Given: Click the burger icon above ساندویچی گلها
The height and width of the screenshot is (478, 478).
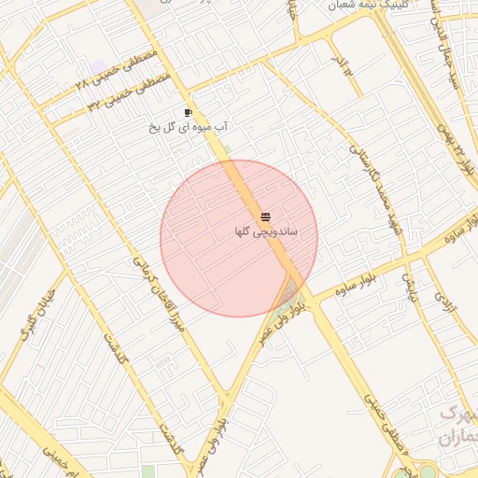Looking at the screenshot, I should tap(266, 217).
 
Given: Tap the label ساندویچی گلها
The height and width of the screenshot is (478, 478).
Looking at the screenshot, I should tap(266, 230).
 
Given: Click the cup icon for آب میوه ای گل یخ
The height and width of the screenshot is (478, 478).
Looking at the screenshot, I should tap(190, 111).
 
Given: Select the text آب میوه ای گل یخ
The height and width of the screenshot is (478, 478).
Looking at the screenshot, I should tap(190, 125).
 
